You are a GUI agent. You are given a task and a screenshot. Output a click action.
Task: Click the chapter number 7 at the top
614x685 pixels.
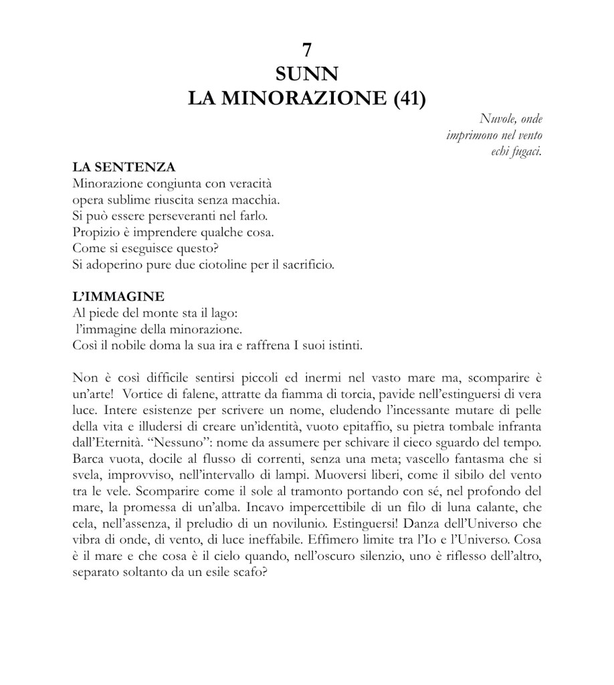coord(307,50)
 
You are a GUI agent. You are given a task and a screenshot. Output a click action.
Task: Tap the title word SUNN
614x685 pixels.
coord(307,74)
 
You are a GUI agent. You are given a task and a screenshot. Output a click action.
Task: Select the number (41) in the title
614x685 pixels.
coord(405,99)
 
